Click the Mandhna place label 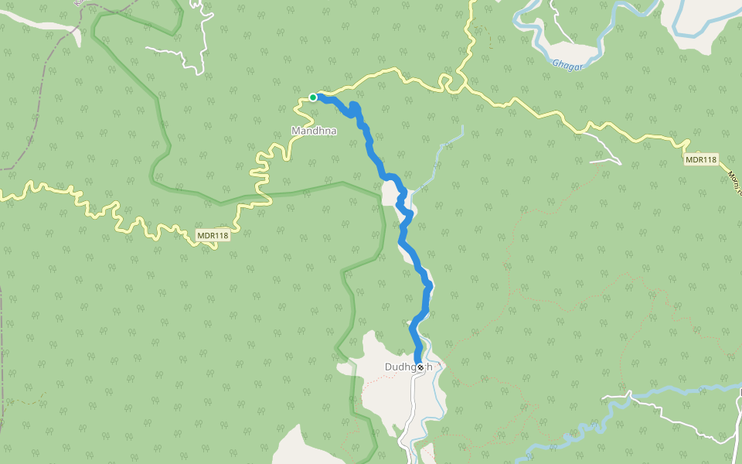pyautogui.click(x=314, y=131)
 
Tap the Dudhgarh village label pyautogui.click(x=408, y=367)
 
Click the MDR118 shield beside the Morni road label pyautogui.click(x=701, y=159)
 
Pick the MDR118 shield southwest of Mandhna pyautogui.click(x=213, y=236)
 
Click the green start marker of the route pyautogui.click(x=313, y=97)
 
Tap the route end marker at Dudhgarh pyautogui.click(x=420, y=367)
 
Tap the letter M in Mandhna pyautogui.click(x=295, y=131)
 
